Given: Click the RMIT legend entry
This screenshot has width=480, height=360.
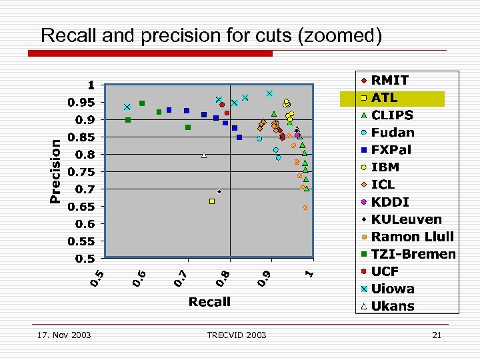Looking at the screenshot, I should pos(391,80).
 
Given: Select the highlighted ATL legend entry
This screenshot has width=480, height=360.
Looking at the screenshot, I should pos(385,98).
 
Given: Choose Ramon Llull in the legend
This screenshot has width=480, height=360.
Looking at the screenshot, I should pos(412,237).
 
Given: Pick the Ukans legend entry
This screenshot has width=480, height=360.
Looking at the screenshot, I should pos(393,307).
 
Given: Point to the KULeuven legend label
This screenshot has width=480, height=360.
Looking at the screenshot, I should pos(406,219).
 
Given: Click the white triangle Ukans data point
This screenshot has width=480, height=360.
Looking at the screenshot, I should pos(204,155).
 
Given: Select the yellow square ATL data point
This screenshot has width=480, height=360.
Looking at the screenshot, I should pos(212,201).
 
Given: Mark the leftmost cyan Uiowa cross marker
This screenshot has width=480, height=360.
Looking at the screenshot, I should pos(127,107).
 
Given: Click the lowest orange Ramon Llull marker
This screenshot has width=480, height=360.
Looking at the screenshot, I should pos(305,208).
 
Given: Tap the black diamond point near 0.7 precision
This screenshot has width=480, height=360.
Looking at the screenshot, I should pos(219,191).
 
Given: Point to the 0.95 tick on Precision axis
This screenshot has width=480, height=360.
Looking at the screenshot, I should pos(83,103).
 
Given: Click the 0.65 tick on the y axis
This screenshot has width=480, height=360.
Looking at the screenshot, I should pos(83,207).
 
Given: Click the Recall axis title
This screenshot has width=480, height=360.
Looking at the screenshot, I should pos(209,302).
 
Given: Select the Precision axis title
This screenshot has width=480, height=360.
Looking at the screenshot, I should pos(56,171).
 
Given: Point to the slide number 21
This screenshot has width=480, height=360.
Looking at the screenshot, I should pos(437,335).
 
